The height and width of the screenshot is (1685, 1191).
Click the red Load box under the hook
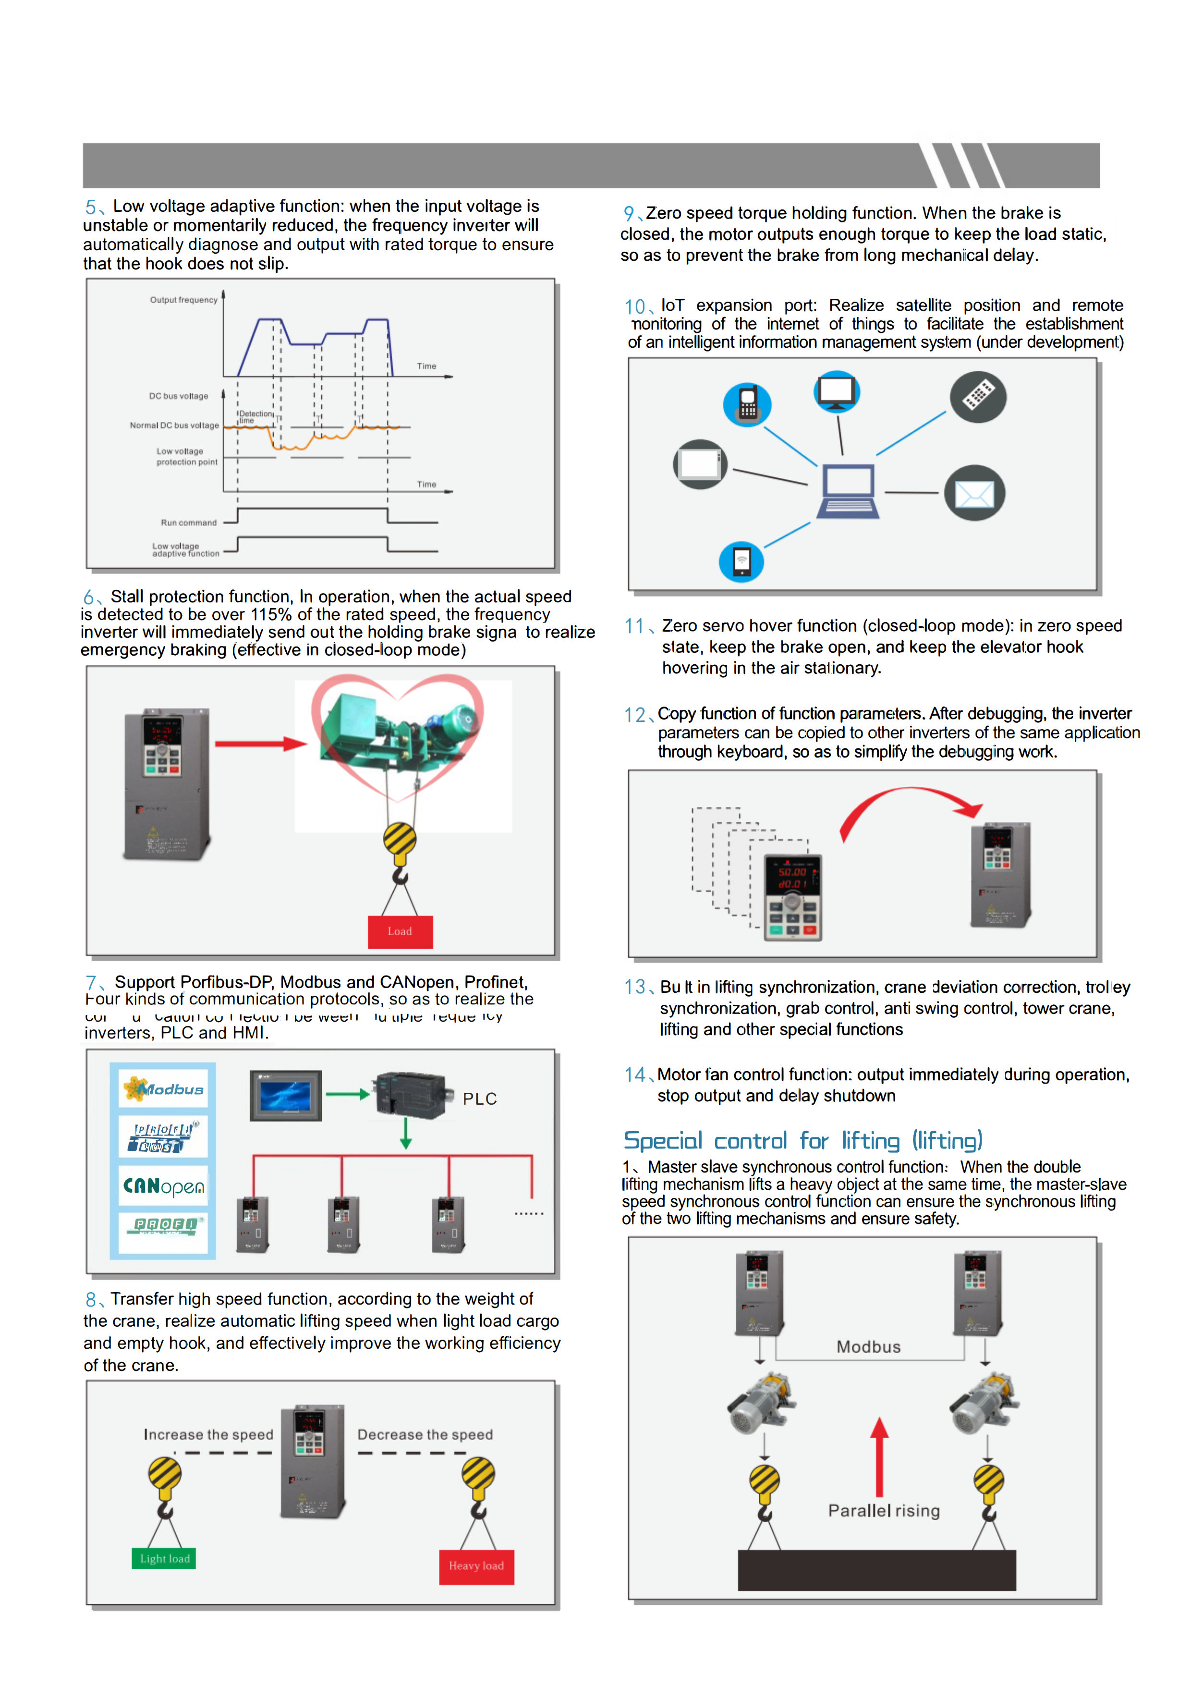coord(400,931)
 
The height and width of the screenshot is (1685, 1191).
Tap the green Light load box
coord(164,1558)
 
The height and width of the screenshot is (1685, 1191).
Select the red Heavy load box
coord(476,1566)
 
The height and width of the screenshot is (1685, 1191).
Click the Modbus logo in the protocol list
coord(164,1089)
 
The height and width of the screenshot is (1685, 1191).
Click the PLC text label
coord(480,1099)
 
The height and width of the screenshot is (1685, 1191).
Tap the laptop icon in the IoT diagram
coord(848,492)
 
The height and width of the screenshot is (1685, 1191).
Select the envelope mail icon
coord(974,494)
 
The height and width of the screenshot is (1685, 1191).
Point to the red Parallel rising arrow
coord(879,1457)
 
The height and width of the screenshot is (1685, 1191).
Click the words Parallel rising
coord(884,1510)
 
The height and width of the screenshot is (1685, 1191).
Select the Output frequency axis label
coord(183,300)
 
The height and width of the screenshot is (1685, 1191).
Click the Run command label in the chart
coord(189,523)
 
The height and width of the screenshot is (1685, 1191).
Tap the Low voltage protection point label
coord(186,456)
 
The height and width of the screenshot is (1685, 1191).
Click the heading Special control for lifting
coord(802,1140)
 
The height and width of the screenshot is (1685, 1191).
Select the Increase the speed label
coord(208,1435)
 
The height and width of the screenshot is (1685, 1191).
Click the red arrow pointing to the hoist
coord(260,744)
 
